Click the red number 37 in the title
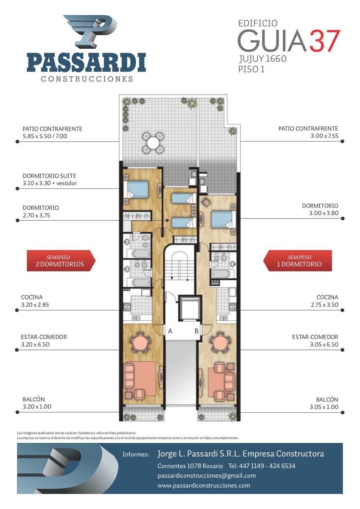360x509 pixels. click(325, 41)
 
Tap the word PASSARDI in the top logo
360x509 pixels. click(87, 62)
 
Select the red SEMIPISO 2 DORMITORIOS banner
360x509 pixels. click(61, 261)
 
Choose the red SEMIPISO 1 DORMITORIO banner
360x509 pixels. click(298, 261)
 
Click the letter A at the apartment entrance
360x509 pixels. click(170, 331)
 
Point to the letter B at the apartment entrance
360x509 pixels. click(197, 331)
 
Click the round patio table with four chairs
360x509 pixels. click(153, 143)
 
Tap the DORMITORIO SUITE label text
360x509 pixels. click(49, 176)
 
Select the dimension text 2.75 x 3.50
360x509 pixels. click(324, 305)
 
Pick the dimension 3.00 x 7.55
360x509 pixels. click(324, 136)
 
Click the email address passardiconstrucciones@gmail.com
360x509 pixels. click(207, 476)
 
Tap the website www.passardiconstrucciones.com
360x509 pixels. click(204, 486)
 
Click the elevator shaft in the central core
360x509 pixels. click(190, 308)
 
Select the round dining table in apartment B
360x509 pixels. click(220, 343)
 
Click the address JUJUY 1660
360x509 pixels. click(262, 59)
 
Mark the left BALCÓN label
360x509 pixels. click(33, 399)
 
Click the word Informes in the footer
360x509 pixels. click(136, 454)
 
